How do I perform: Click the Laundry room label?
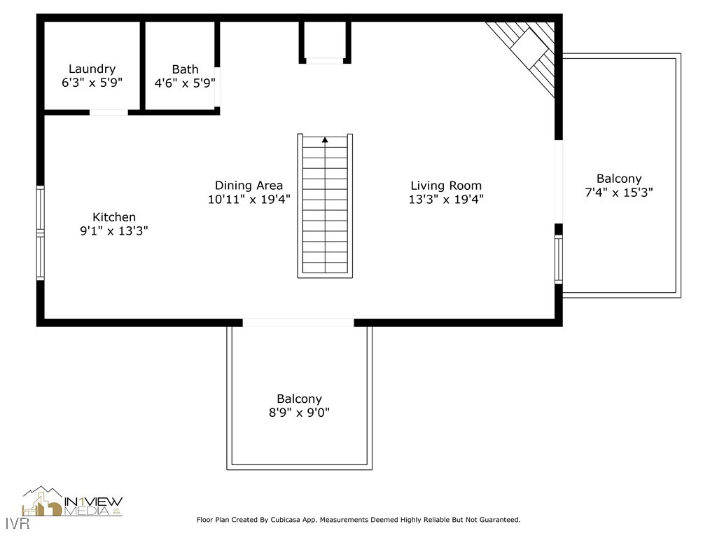[92, 69]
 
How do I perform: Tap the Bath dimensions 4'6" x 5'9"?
[185, 83]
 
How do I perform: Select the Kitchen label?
[114, 217]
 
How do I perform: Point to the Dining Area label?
[249, 185]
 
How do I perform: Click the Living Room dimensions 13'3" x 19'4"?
[446, 199]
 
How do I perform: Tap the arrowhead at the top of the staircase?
[325, 140]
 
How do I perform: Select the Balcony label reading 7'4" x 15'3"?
[618, 186]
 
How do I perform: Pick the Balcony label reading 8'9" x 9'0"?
[299, 406]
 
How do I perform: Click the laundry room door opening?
[109, 112]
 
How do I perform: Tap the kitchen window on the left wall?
[41, 233]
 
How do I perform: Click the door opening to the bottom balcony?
[298, 323]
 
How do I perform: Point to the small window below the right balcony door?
[559, 259]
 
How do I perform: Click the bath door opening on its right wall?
[217, 87]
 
